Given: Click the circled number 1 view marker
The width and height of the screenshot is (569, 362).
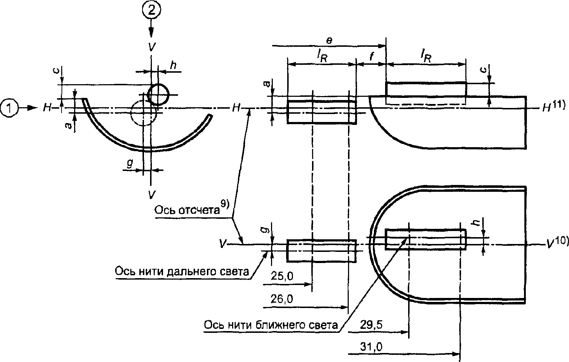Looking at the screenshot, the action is pyautogui.click(x=9, y=108).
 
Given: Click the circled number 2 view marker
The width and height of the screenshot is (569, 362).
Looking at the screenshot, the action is pyautogui.click(x=152, y=11).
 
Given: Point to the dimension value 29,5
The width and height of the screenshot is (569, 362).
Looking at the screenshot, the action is pyautogui.click(x=371, y=325).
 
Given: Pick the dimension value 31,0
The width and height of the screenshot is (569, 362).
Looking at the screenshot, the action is pyautogui.click(x=371, y=347).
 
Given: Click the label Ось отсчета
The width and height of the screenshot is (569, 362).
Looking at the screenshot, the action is pyautogui.click(x=187, y=211).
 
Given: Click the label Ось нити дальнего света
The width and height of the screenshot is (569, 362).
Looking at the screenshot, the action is pyautogui.click(x=182, y=272).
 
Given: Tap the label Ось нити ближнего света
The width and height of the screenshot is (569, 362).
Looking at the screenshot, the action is pyautogui.click(x=271, y=325).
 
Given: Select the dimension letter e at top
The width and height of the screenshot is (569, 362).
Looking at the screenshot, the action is pyautogui.click(x=329, y=41).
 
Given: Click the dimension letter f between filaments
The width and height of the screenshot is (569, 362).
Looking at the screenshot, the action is pyautogui.click(x=371, y=56).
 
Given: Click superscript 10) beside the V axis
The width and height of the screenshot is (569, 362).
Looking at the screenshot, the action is pyautogui.click(x=561, y=240).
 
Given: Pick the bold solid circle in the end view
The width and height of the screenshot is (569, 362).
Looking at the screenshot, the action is pyautogui.click(x=158, y=84).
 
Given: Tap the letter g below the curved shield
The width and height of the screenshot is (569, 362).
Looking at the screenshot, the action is pyautogui.click(x=130, y=164).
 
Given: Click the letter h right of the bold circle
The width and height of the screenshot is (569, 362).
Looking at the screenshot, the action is pyautogui.click(x=173, y=65).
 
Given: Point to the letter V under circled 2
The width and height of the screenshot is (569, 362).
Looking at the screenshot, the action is pyautogui.click(x=152, y=47).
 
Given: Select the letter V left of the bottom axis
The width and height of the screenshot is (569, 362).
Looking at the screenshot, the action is pyautogui.click(x=223, y=244).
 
